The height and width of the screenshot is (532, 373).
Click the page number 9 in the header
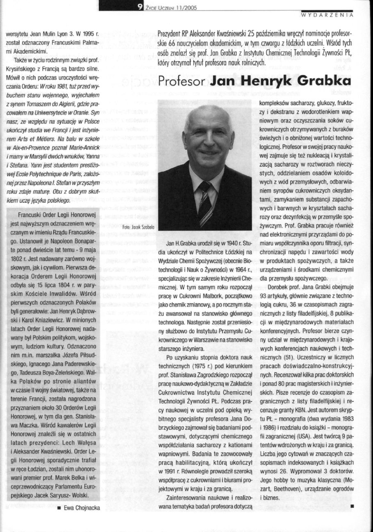pos(140,6)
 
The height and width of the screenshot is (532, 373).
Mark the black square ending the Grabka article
pos(352,506)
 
